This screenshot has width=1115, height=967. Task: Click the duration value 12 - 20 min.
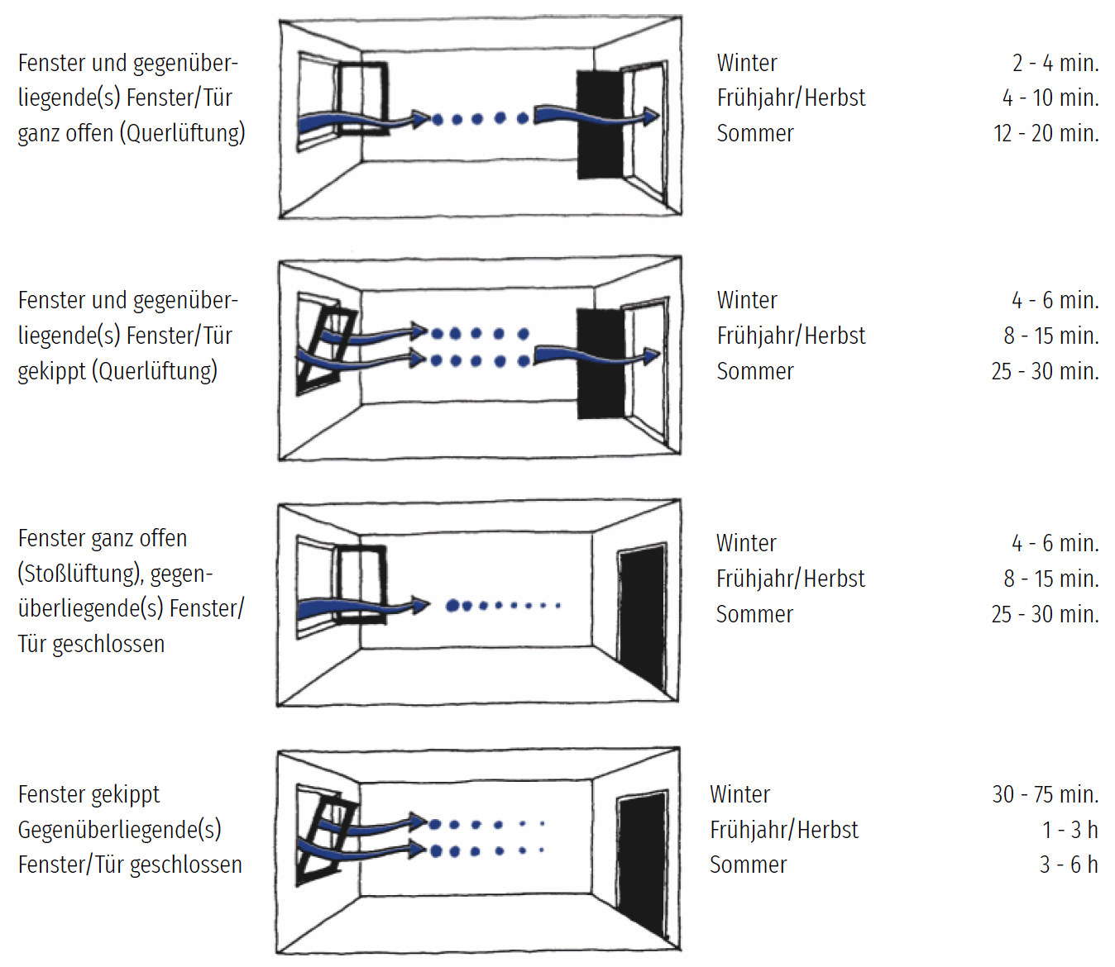coord(1046,133)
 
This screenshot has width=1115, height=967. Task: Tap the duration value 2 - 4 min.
coord(1055,63)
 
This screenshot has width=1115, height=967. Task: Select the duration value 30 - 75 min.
coord(1046,794)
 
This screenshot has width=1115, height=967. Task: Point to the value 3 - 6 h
coord(1069,865)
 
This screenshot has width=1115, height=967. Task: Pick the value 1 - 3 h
coord(1070,830)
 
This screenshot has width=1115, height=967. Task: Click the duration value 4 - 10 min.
coord(1050,98)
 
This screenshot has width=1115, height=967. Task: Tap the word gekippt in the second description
coord(51,371)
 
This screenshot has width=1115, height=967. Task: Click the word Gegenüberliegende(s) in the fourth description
coord(120,830)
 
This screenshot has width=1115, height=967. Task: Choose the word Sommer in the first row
coord(755,133)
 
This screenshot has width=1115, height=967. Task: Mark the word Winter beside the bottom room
coord(739,794)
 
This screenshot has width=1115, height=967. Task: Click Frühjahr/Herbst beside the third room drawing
coord(791,579)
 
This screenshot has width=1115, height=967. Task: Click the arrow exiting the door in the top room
coord(597,117)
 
